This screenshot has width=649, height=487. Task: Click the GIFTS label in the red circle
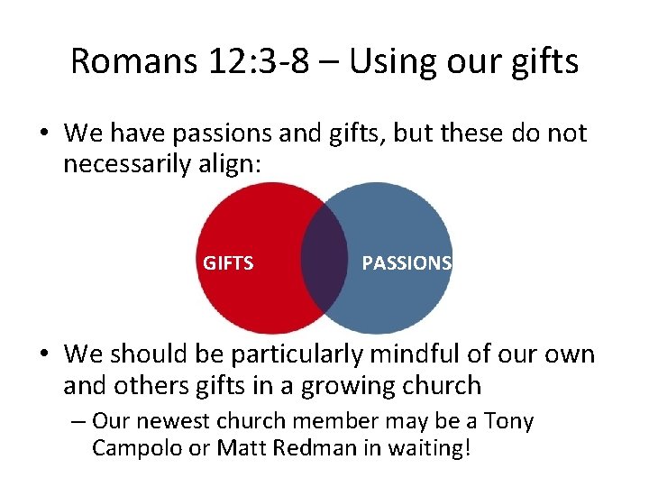pos(228,263)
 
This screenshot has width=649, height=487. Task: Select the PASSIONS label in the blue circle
pos(407,263)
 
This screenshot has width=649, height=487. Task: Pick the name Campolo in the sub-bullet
pos(135,448)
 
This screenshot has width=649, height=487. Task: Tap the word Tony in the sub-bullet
pos(508,421)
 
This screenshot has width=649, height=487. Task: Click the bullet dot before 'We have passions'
pos(41,134)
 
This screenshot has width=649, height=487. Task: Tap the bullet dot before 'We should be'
pos(41,354)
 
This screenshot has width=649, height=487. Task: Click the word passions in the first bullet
pos(224,133)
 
